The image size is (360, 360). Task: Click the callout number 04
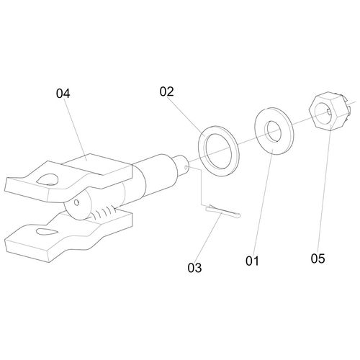coord(63,94)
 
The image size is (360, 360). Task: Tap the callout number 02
coord(166,91)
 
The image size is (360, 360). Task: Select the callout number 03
coord(194,268)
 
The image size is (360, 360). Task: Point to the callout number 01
coord(252,261)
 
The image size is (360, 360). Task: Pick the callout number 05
coord(318,258)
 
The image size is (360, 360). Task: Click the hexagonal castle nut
coord(330,111)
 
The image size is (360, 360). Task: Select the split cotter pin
coord(222,212)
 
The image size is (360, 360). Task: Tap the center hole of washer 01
coord(274,131)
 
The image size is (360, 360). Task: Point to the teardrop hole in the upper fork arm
coord(48,179)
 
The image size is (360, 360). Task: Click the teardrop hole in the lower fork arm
coord(46,232)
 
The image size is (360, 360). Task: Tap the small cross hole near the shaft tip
coord(186,167)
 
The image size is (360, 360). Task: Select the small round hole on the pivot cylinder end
coord(76,202)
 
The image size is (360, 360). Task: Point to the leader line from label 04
coord(76,129)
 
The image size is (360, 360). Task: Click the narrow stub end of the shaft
coord(182,166)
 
